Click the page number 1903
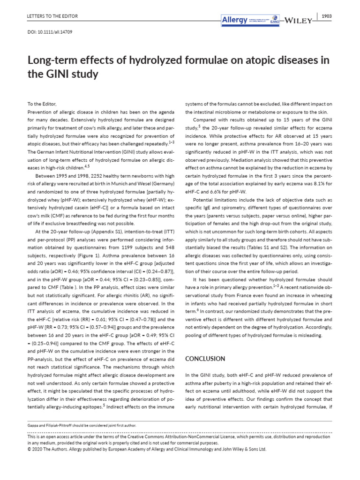pyautogui.click(x=327, y=16)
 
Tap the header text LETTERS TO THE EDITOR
pyautogui.click(x=50, y=16)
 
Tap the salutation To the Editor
pyautogui.click(x=42, y=104)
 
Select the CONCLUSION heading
pyautogui.click(x=205, y=359)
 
